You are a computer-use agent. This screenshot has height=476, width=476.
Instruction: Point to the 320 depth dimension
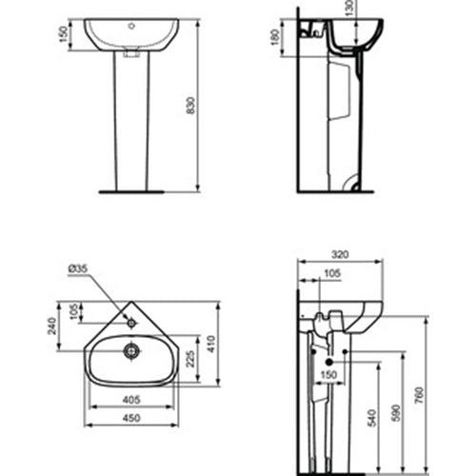(x=341, y=254)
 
